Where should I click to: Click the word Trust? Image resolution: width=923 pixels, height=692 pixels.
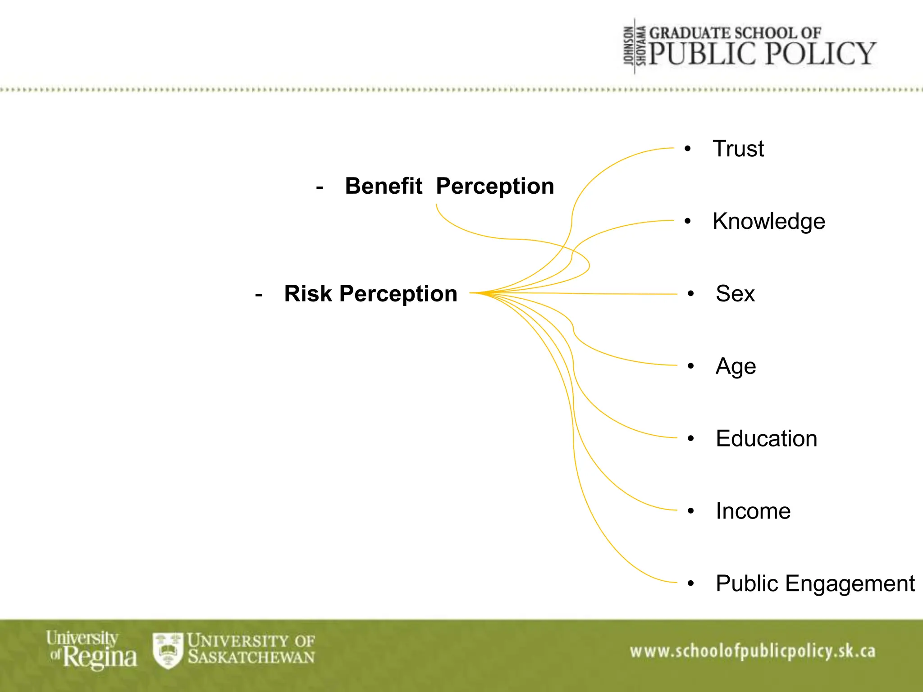pyautogui.click(x=738, y=149)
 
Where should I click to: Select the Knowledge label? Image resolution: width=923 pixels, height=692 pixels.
pyautogui.click(x=768, y=222)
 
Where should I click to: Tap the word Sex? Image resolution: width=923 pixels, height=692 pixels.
pyautogui.click(x=735, y=294)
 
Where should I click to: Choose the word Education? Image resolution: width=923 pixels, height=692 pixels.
pyautogui.click(x=766, y=439)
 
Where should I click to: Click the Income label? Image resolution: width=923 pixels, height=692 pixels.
pyautogui.click(x=753, y=511)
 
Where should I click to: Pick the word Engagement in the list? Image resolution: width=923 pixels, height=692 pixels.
pyautogui.click(x=850, y=584)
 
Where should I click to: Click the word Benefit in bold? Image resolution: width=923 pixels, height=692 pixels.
pyautogui.click(x=383, y=186)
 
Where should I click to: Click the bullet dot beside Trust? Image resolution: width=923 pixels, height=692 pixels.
pyautogui.click(x=687, y=149)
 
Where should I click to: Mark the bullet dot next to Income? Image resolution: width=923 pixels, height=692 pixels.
pyautogui.click(x=690, y=511)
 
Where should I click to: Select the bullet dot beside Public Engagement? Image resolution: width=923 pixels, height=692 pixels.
pyautogui.click(x=690, y=584)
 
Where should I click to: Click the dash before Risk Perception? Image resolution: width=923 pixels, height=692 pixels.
pyautogui.click(x=258, y=295)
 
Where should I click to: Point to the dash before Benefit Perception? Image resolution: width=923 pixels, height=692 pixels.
pyautogui.click(x=320, y=187)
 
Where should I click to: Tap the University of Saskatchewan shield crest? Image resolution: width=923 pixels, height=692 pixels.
pyautogui.click(x=168, y=650)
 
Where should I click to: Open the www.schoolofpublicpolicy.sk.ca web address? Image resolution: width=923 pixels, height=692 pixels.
pyautogui.click(x=752, y=651)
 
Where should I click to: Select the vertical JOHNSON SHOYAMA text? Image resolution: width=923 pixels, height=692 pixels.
pyautogui.click(x=635, y=46)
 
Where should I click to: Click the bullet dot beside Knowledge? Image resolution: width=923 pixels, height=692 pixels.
pyautogui.click(x=687, y=222)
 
